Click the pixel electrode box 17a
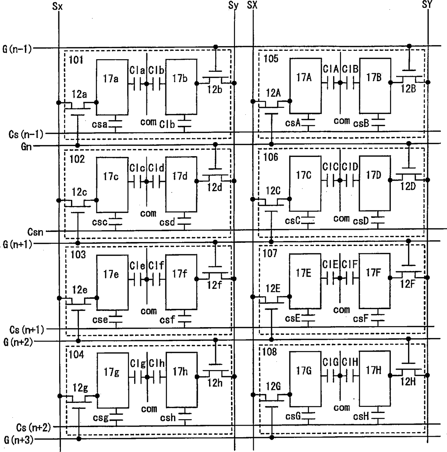pyautogui.click(x=112, y=87)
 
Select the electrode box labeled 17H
pyautogui.click(x=375, y=378)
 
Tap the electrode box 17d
pyautogui.click(x=181, y=184)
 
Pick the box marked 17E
pyautogui.click(x=305, y=281)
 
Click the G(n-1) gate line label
pyautogui.click(x=17, y=49)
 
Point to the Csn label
pyautogui.click(x=35, y=232)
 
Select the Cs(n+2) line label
pyautogui.click(x=34, y=427)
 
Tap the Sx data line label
pyautogui.click(x=57, y=6)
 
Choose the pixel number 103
pyautogui.click(x=78, y=255)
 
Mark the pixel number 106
pyautogui.click(x=271, y=157)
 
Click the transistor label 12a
pyautogui.click(x=79, y=94)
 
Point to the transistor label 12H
pyautogui.click(x=408, y=382)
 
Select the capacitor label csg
pyautogui.click(x=101, y=418)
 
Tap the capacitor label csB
pyautogui.click(x=361, y=123)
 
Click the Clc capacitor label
pyautogui.click(x=137, y=168)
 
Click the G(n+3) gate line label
pyautogui.click(x=19, y=440)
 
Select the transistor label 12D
pyautogui.click(x=408, y=186)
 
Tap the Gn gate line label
pyautogui.click(x=26, y=147)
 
